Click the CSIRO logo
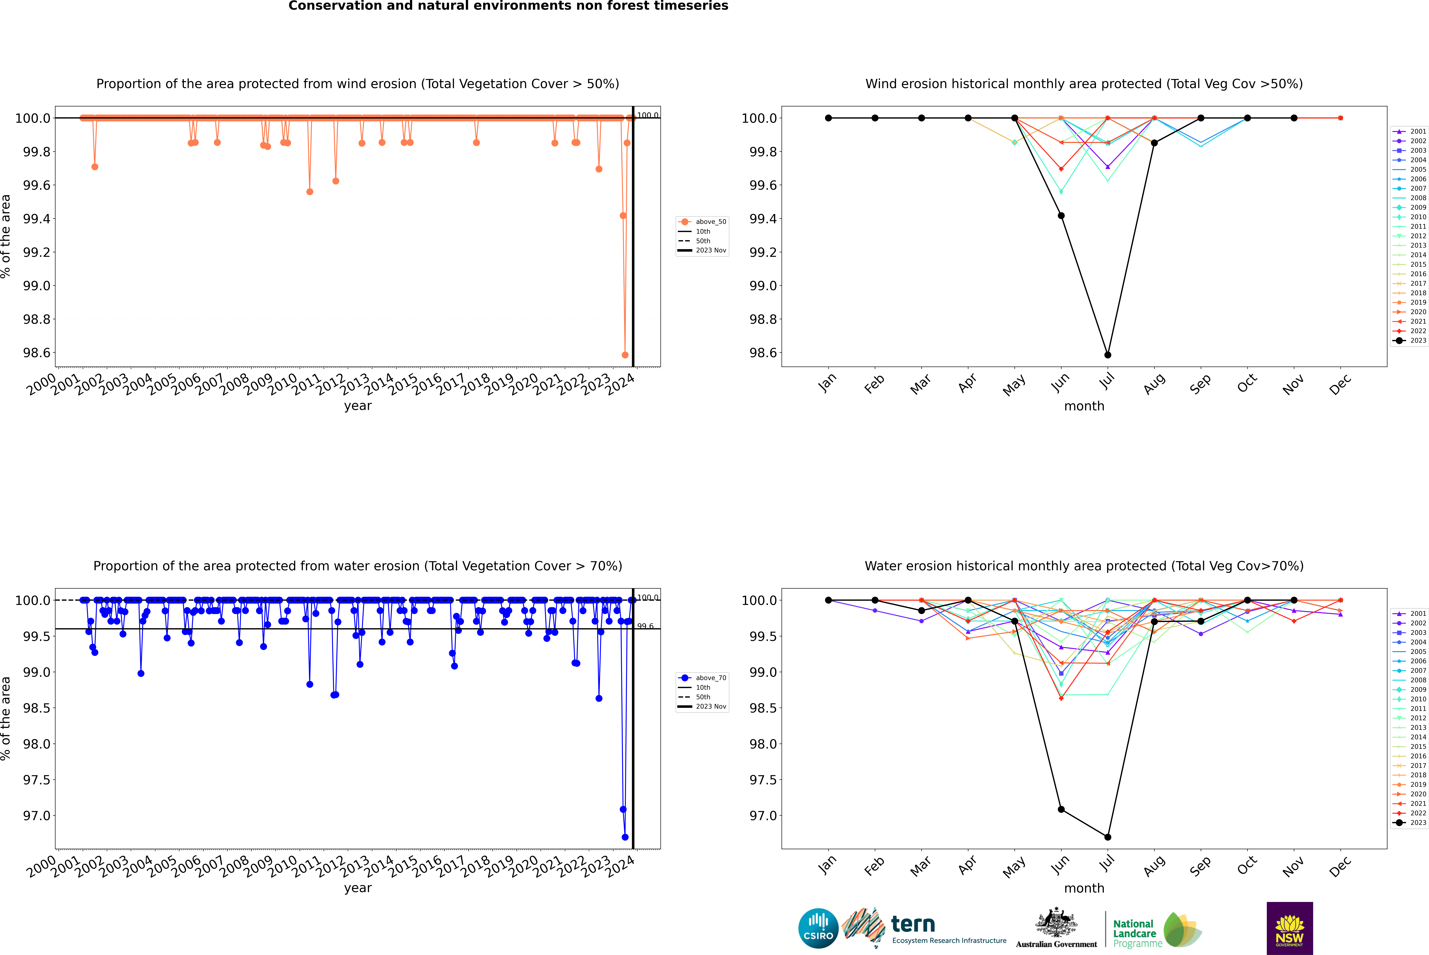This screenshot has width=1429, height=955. pyautogui.click(x=818, y=928)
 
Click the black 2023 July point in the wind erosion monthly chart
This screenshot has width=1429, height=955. pyautogui.click(x=1107, y=355)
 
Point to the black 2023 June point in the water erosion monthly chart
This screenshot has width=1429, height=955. pyautogui.click(x=1061, y=809)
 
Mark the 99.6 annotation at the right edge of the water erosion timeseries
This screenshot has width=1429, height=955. pyautogui.click(x=645, y=626)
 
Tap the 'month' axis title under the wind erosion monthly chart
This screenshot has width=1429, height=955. pyautogui.click(x=1084, y=406)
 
